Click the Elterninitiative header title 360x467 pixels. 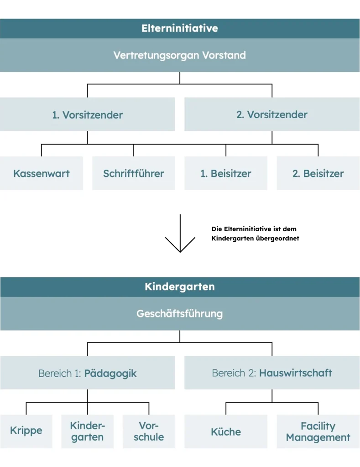coord(180,28)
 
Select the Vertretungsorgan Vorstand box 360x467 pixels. coord(180,55)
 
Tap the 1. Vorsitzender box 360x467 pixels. coord(87,114)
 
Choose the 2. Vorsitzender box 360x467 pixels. coord(272,114)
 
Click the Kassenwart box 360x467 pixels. coord(42,173)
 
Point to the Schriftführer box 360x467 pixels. coord(134,173)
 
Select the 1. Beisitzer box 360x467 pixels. coord(226,173)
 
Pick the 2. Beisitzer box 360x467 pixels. coord(318,173)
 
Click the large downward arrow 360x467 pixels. coord(180,233)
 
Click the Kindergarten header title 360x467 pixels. coord(180,286)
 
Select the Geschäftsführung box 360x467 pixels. coord(180,314)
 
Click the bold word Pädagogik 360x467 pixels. coord(110,374)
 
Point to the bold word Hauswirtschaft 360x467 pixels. coord(295,373)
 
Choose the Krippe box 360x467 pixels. coord(26,431)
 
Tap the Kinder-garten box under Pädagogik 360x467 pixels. coord(87,431)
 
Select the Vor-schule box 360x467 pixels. coord(149,431)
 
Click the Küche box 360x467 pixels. coord(226,431)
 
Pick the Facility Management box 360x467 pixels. coord(318,431)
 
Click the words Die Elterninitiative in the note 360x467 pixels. coord(237,229)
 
